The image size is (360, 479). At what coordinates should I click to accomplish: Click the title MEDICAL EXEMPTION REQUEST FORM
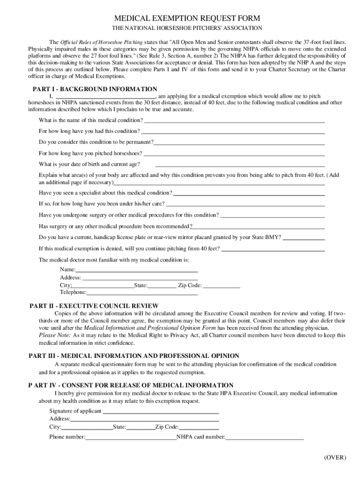180,18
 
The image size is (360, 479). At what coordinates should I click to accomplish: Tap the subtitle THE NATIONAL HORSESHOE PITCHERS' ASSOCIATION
180,29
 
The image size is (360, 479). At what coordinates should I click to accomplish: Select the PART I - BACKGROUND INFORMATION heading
94,89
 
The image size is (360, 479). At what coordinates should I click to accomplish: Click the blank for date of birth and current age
240,165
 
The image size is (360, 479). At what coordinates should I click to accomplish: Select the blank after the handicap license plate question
304,238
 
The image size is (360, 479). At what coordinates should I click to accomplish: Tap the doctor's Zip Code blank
222,286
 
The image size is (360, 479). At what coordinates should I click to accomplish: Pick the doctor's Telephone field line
142,293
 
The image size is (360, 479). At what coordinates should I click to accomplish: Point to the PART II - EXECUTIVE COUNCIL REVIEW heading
94,306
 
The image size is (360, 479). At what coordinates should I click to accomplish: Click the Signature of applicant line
161,412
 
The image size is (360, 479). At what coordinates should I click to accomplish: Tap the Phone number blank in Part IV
130,438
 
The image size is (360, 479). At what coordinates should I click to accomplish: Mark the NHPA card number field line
265,438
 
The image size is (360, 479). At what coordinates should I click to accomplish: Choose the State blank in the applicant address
141,428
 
